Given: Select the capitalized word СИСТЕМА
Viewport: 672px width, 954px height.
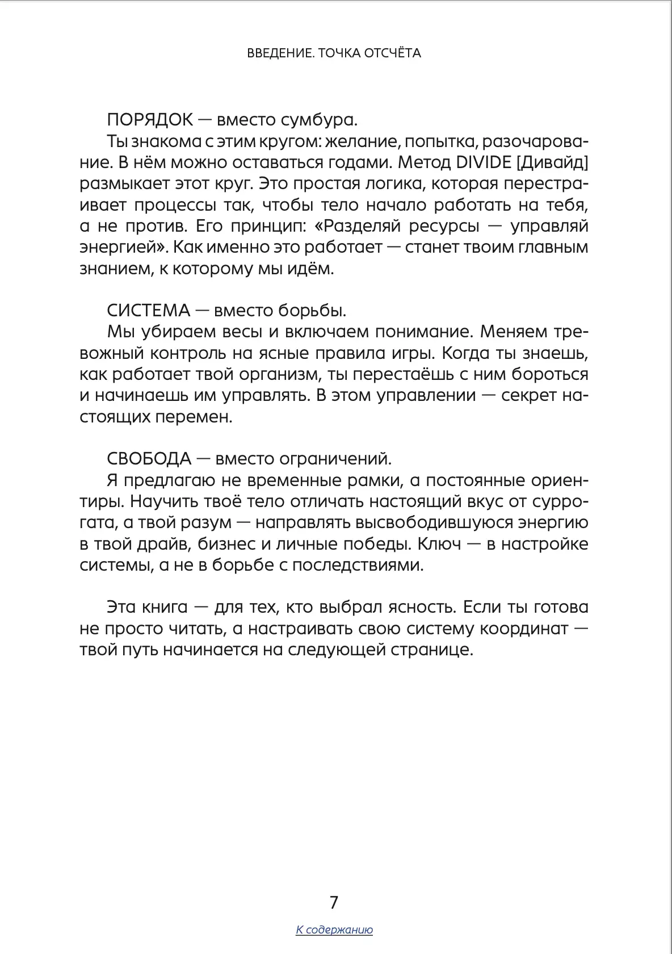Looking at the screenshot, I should click(x=149, y=311).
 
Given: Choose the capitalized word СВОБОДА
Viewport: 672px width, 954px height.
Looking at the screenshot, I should click(x=149, y=459).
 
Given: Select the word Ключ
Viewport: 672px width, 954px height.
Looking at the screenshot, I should click(x=436, y=545).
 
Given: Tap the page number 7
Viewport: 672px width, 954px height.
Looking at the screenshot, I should click(x=334, y=902).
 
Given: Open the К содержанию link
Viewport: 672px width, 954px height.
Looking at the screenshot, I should click(x=334, y=930).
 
